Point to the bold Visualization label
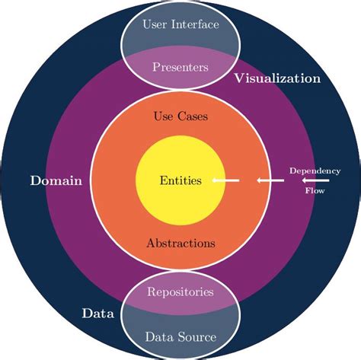[277, 78]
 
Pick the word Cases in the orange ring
[192, 117]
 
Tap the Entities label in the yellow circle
[180, 181]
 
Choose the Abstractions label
[180, 244]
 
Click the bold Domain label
[56, 181]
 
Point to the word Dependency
[315, 170]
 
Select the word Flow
[315, 192]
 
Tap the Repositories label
[180, 292]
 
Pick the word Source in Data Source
[197, 336]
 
